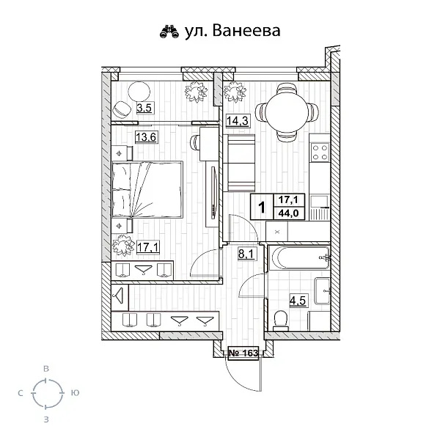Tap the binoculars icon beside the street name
pyautogui.click(x=169, y=32)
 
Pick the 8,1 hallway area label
pyautogui.click(x=246, y=256)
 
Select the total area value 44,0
pyautogui.click(x=285, y=213)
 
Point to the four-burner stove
pyautogui.click(x=320, y=153)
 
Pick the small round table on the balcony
pyautogui.click(x=139, y=92)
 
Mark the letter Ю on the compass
pyautogui.click(x=75, y=394)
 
